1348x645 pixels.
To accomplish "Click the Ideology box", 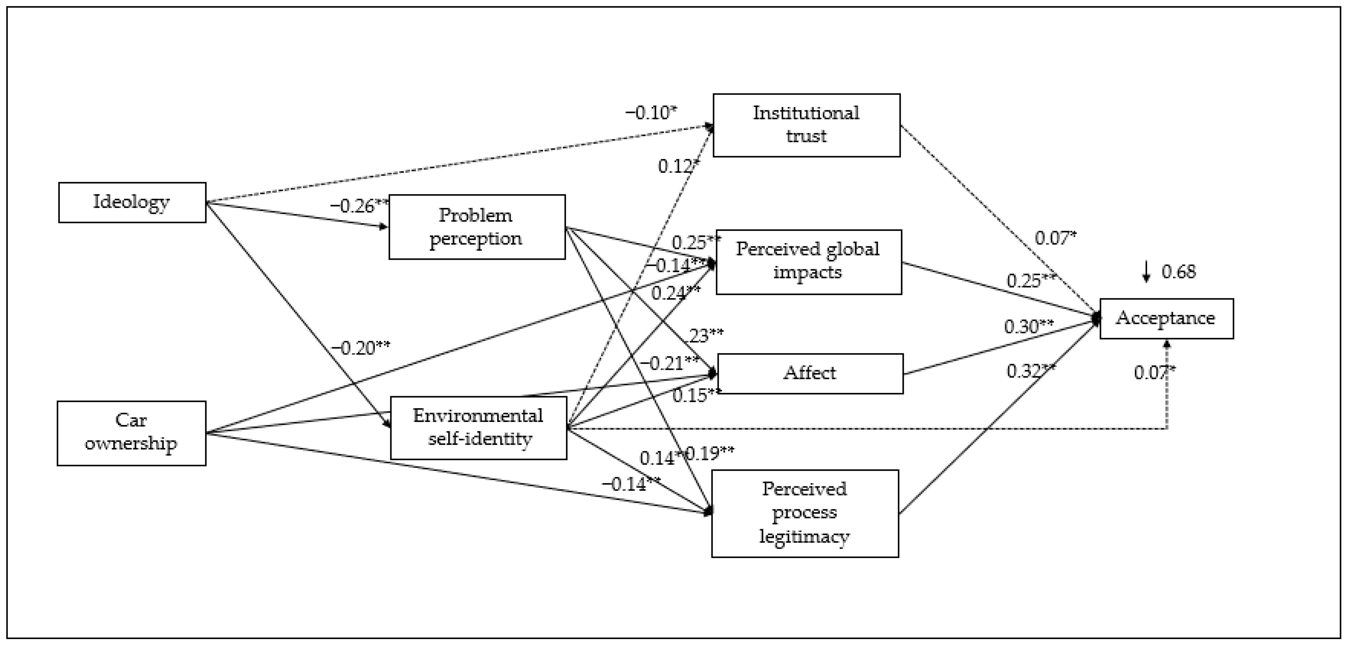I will [132, 202].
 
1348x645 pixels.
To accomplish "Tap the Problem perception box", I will [477, 227].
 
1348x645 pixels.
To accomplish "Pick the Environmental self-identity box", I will [478, 428].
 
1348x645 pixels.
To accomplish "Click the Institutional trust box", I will [806, 125].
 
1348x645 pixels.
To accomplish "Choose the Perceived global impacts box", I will [808, 261].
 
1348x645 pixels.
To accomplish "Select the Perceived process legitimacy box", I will [805, 513].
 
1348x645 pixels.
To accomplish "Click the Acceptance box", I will [1166, 318].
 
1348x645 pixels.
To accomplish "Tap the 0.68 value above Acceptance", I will [1178, 272].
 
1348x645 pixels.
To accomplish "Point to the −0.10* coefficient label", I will [650, 113].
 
